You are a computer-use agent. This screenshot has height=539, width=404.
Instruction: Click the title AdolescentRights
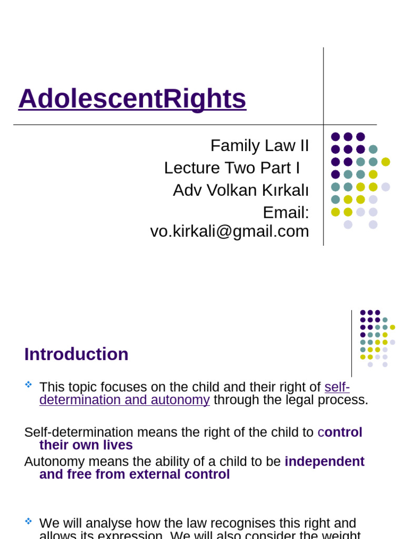click(x=132, y=98)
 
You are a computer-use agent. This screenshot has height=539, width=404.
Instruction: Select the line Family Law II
click(x=259, y=145)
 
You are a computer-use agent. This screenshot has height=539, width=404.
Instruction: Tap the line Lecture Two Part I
click(x=231, y=168)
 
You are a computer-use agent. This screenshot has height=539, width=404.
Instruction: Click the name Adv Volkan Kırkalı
click(x=241, y=191)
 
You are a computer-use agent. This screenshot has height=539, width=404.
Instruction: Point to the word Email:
click(x=286, y=213)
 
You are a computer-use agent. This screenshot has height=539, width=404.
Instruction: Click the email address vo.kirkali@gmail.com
click(x=229, y=231)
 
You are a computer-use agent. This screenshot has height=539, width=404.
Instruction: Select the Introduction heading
click(x=76, y=354)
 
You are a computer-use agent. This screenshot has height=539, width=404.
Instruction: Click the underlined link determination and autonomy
click(x=125, y=400)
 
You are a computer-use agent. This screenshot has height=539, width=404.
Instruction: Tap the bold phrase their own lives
click(x=86, y=445)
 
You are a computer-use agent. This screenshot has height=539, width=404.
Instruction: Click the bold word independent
click(x=325, y=462)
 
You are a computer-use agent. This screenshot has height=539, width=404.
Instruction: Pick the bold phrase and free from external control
click(x=134, y=475)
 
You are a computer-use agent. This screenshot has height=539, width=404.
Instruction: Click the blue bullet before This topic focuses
click(x=28, y=385)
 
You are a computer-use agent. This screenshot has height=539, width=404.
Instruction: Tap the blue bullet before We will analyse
click(x=28, y=521)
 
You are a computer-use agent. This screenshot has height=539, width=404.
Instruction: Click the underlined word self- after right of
click(x=337, y=387)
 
